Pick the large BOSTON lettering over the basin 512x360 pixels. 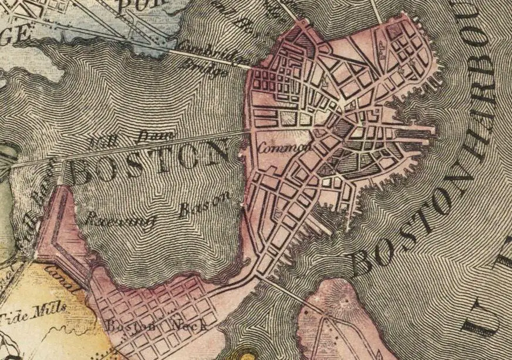[x=150, y=163]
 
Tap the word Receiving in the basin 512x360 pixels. [x=120, y=220]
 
